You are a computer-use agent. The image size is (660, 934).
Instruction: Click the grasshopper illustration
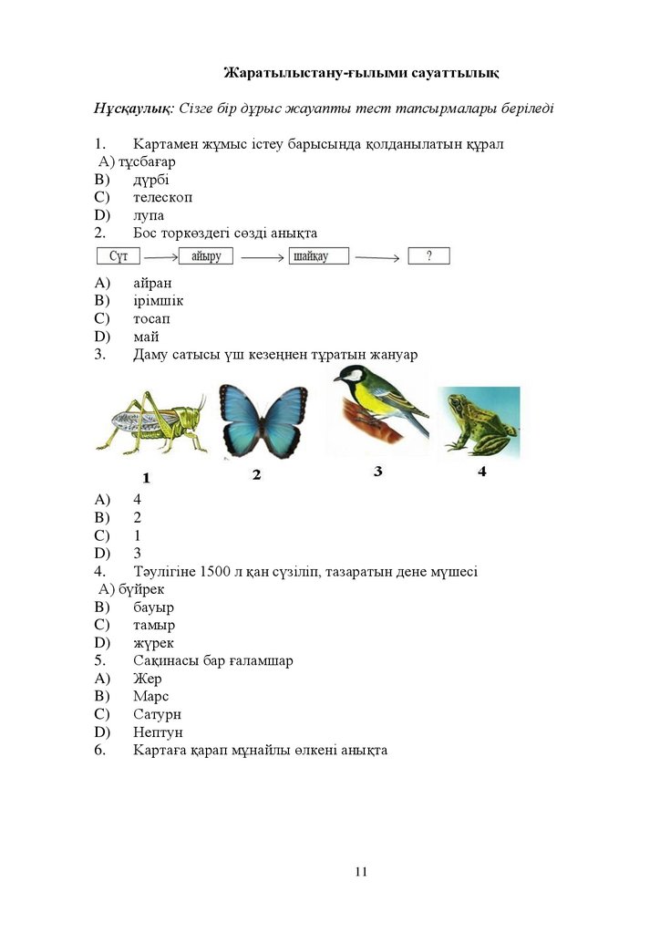151,424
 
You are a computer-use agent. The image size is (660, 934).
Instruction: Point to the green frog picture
480,420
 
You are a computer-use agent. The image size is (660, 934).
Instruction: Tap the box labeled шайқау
319,256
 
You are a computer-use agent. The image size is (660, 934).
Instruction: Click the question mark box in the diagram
428,256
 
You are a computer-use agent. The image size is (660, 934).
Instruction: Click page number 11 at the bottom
361,872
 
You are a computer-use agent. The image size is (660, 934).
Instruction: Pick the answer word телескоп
162,197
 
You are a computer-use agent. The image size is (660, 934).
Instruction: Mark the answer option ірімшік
159,301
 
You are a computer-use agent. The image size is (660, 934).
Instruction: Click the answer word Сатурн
157,714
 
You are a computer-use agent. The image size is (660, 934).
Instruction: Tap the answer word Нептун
158,732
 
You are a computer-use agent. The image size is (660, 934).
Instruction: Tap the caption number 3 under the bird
377,472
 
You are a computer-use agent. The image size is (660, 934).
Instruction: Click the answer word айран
152,283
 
